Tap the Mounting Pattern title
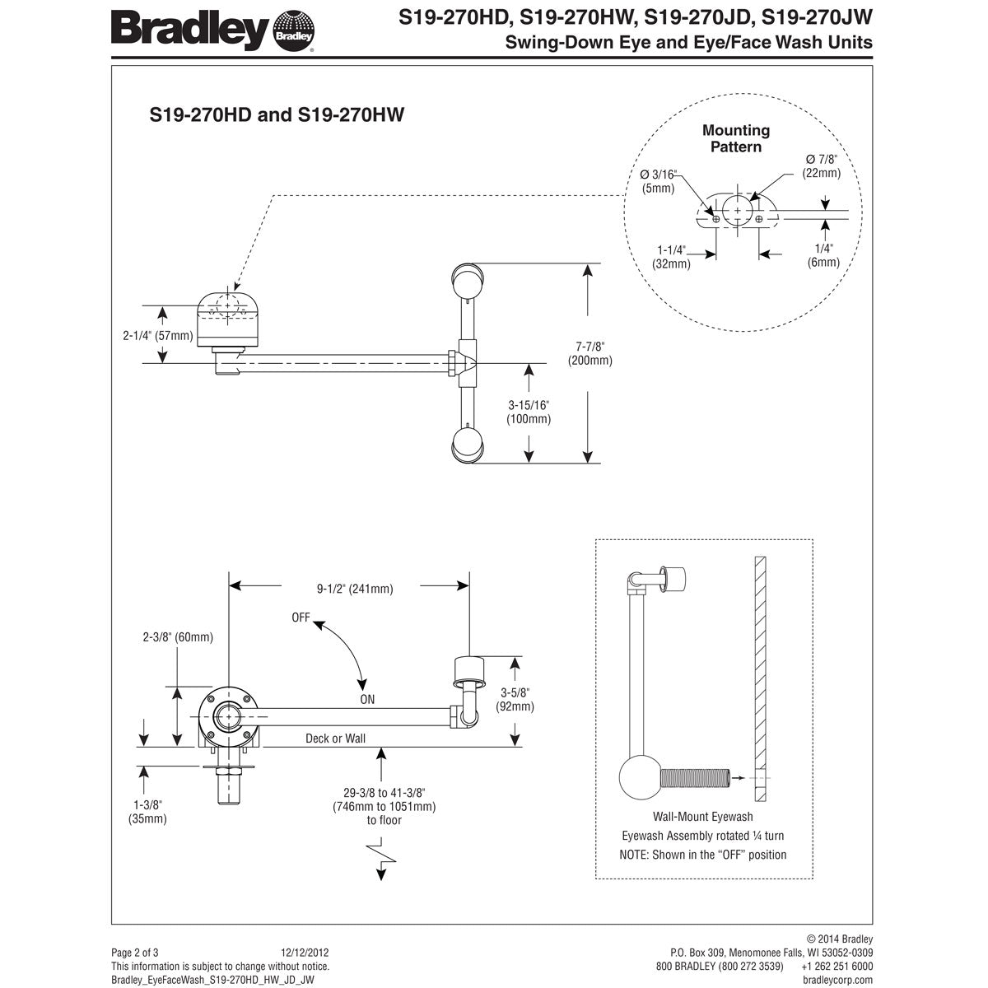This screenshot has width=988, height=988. pos(736,138)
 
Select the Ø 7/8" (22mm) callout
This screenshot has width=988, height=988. pos(822,165)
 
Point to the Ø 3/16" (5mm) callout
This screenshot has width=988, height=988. pos(658,181)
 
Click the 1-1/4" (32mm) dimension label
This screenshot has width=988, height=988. pos(673,256)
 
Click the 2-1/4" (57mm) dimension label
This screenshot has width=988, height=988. pos(157,335)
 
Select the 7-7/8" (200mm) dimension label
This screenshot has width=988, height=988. pos(590,353)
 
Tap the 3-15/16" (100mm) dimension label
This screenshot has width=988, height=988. pos(528,412)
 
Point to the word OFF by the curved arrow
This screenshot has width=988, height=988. pos(301,617)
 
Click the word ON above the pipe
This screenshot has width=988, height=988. pos(366,699)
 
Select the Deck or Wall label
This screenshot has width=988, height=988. pos(335,739)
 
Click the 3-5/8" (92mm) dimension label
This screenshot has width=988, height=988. pos(515,699)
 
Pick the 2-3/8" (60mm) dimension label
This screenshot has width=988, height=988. pos(178,636)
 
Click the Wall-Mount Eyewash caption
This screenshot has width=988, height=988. pos(702,817)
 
